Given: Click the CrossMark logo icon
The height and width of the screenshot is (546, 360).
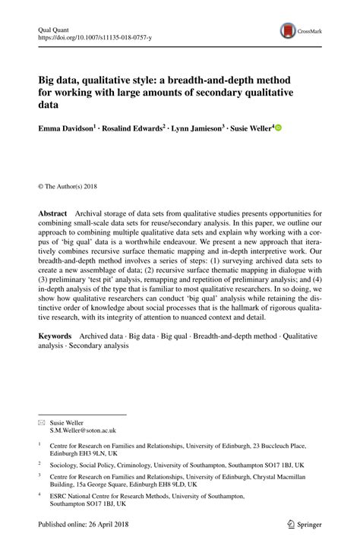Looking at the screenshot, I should point(289,31).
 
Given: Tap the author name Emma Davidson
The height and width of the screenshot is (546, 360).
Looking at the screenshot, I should point(65,130).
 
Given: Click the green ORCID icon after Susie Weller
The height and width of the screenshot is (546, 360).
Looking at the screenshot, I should point(278,128).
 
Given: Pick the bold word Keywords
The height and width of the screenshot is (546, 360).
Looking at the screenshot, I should point(55,335).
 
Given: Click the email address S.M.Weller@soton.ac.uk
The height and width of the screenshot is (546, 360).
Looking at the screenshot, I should point(83,430).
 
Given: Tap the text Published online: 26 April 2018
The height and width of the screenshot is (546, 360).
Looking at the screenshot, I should point(84,525).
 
